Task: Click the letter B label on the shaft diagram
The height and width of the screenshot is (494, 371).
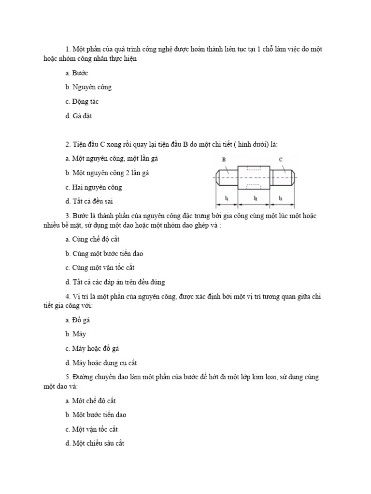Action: click(x=224, y=159)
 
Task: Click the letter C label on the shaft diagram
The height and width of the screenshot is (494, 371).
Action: click(x=281, y=159)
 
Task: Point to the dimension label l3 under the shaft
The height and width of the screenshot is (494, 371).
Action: click(x=281, y=198)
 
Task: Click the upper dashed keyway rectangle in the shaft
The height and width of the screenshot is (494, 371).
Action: click(x=254, y=168)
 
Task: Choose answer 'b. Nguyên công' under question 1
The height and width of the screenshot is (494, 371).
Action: click(x=88, y=87)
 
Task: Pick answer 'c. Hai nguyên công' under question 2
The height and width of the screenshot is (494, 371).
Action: click(x=94, y=187)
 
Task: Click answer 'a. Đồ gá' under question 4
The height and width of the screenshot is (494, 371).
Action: click(x=78, y=320)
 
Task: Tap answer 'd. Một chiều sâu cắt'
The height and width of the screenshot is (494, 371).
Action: click(x=95, y=443)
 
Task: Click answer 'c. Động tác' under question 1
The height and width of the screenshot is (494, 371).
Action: click(x=82, y=102)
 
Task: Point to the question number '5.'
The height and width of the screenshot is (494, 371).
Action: click(x=68, y=377)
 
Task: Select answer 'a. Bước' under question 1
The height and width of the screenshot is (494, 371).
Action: click(x=77, y=73)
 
